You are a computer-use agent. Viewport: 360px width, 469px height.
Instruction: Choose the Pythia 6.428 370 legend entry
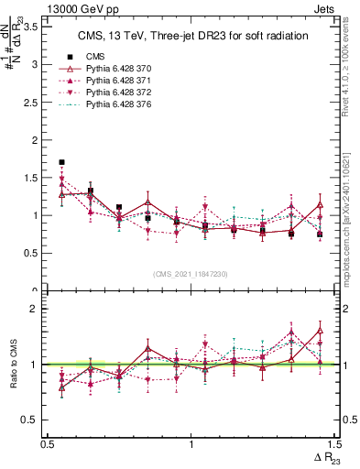click(116, 69)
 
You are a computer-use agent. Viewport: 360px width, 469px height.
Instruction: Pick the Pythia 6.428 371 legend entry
click(116, 82)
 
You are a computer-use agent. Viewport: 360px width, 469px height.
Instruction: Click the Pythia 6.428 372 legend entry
click(116, 94)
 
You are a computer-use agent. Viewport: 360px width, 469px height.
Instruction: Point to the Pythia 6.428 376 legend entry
click(116, 107)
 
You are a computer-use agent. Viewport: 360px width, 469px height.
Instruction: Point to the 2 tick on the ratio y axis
click(38, 309)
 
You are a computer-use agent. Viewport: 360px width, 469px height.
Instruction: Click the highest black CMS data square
click(61, 162)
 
